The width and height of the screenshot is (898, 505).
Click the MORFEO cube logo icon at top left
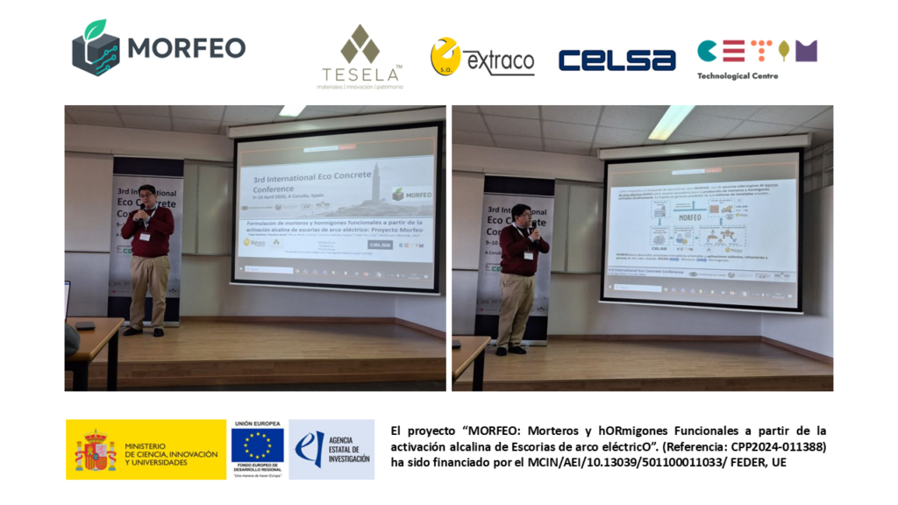pos(96,48)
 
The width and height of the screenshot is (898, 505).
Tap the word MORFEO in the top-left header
pos(186,47)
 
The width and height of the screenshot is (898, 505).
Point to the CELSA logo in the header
pos(616,60)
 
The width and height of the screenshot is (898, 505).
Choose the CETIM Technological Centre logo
pos(757,53)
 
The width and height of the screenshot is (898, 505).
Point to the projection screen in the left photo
pos(336,207)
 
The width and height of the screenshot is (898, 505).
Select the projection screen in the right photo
pos(700,230)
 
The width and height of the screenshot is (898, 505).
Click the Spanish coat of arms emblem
pos(95,449)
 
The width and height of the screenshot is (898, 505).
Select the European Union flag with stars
pos(258,445)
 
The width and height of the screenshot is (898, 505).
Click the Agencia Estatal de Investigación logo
pos(331,448)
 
